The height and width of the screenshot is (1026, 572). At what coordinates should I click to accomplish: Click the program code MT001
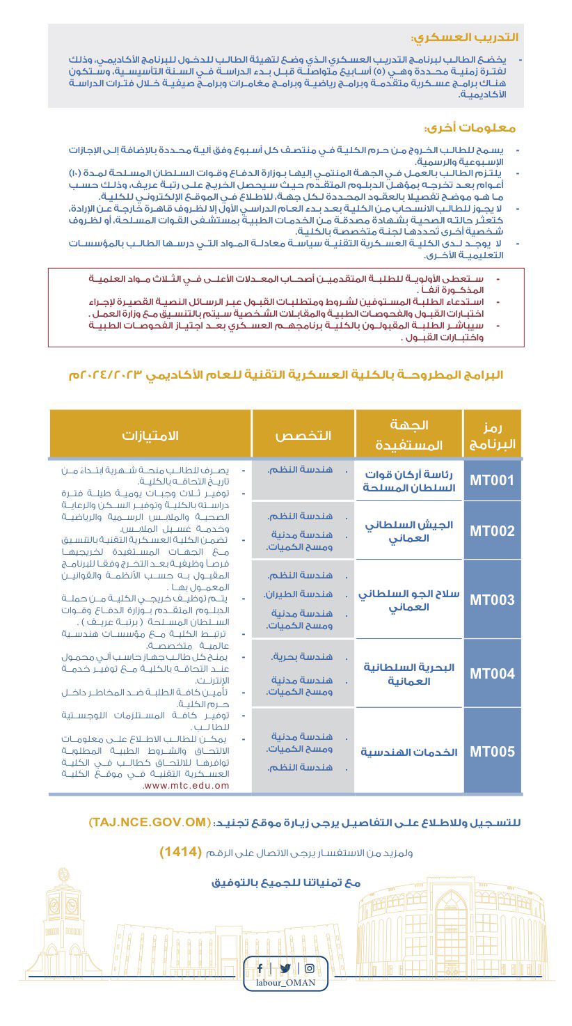(x=492, y=480)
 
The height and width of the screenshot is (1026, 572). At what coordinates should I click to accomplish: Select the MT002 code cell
(x=492, y=531)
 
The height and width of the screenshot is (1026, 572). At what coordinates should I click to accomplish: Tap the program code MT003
(x=492, y=600)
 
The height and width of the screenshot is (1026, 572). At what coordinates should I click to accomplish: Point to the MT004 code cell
(x=492, y=673)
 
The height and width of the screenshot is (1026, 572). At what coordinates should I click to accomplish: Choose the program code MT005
(x=492, y=752)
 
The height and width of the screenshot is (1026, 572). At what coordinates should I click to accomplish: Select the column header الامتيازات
(x=150, y=435)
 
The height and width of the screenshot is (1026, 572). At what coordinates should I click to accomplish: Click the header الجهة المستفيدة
(x=409, y=435)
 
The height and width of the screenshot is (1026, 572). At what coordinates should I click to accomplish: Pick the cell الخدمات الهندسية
(x=409, y=752)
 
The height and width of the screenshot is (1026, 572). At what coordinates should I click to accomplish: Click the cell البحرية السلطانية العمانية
(x=409, y=674)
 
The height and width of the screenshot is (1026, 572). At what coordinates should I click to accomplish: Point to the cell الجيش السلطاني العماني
(x=409, y=531)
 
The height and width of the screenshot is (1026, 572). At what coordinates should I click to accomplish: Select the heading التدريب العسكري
(x=465, y=37)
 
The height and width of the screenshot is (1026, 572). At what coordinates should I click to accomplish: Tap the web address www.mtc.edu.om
(x=186, y=785)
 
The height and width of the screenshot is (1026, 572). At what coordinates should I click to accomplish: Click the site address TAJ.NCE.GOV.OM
(x=149, y=822)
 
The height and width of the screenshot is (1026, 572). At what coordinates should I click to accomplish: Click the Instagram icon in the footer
(x=310, y=968)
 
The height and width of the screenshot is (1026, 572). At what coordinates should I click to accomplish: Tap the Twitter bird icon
(x=285, y=968)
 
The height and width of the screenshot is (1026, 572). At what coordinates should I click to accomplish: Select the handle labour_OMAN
(x=285, y=982)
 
